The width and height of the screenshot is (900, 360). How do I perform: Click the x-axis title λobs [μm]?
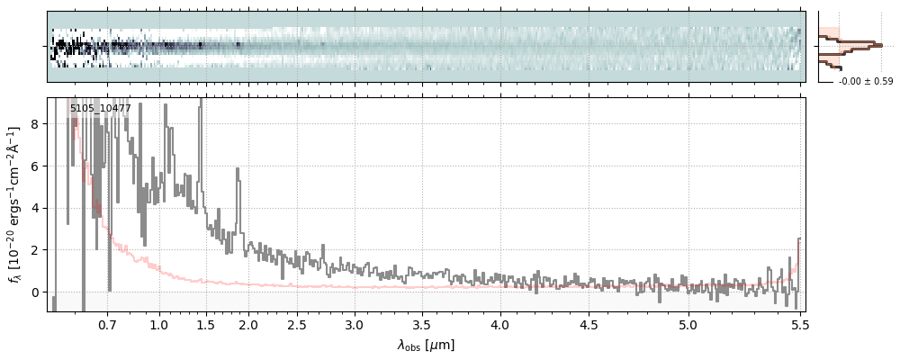click(x=426, y=345)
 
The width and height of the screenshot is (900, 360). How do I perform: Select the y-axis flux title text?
click(x=15, y=204)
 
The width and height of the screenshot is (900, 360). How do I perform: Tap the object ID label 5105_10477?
click(x=101, y=109)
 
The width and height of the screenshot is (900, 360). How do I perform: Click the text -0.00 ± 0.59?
click(x=866, y=82)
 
